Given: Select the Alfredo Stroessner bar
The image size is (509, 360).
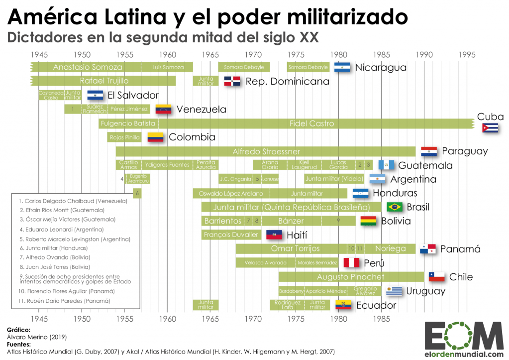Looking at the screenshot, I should click(x=266, y=151).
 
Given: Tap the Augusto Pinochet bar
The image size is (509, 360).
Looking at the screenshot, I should click(x=350, y=277).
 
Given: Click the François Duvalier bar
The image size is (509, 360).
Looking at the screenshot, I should click(x=231, y=235).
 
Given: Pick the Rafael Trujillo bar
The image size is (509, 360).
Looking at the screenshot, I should click(x=104, y=81).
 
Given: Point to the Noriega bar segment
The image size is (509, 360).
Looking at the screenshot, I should click(x=390, y=248).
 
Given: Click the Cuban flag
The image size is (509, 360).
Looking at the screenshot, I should click(x=490, y=127).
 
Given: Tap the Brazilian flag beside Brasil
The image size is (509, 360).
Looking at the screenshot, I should click(x=395, y=207).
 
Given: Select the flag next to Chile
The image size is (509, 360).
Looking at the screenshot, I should click(x=437, y=277).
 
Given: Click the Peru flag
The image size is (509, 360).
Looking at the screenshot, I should click(x=351, y=262).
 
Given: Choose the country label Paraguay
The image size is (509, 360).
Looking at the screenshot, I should click(x=465, y=151).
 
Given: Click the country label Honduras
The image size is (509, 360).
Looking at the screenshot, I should click(x=396, y=193).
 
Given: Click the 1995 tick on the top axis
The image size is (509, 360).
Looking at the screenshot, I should click(x=467, y=54).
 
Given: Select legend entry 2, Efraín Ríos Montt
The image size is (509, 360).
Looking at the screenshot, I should click(x=70, y=211).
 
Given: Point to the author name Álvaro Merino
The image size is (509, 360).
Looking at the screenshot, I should click(x=30, y=337).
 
